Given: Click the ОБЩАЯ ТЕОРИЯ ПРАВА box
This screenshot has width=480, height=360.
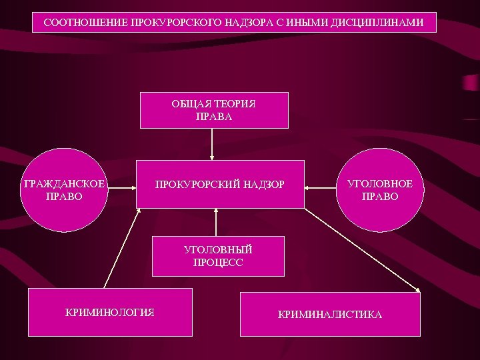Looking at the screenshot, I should pos(214,110).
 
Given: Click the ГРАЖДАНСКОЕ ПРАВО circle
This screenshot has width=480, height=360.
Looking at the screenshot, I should pos(63,189).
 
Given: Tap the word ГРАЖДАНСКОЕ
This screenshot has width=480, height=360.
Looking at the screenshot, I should pos(63,183).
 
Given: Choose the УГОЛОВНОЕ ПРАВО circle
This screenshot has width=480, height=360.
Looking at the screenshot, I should pos(379,189).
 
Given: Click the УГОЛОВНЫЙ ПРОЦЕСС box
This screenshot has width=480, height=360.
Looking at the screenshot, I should pos(218,257).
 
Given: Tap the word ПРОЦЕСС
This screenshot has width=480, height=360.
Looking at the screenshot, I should pos(218,263).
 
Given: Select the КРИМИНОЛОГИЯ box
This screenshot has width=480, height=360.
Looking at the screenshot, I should pos(110,311).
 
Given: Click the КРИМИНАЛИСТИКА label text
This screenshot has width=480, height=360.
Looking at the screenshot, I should pos(330,314).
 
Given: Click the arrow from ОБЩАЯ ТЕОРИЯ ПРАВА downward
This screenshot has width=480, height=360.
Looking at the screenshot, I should pos(212,143).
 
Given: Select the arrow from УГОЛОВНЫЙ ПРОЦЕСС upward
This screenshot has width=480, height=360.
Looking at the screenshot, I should pos(216,223).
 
